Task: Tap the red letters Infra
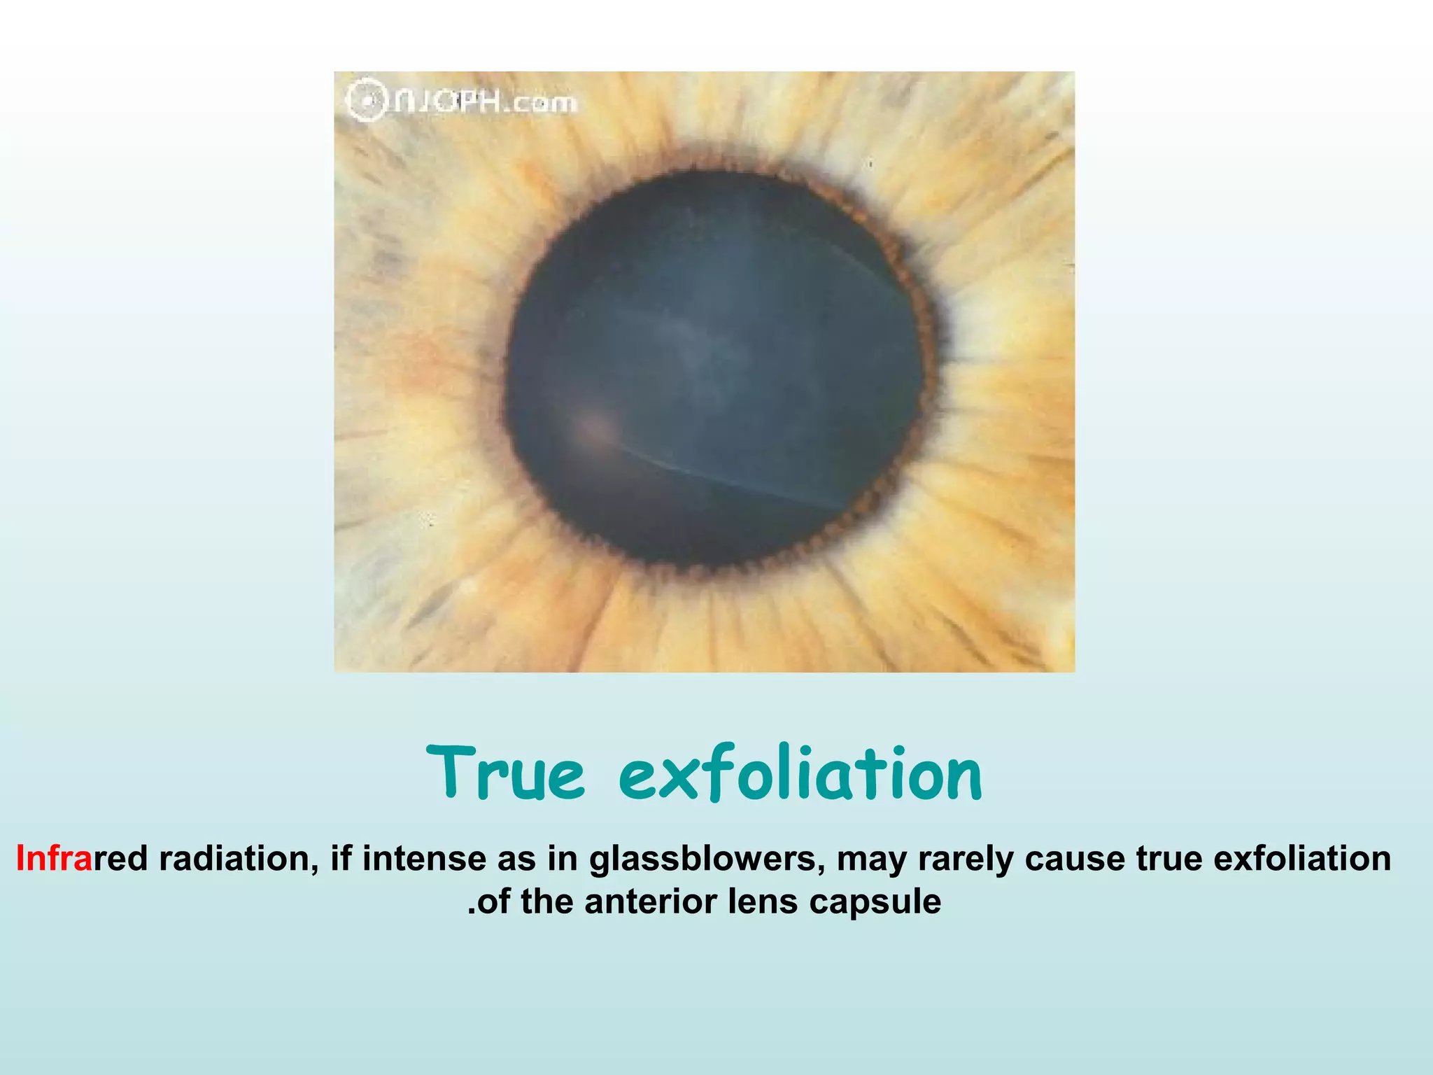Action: pos(54,858)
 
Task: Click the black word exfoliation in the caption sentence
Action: pos(1302,858)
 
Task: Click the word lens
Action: pos(762,901)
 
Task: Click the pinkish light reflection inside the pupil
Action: pos(591,425)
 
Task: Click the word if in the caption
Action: pos(340,858)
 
